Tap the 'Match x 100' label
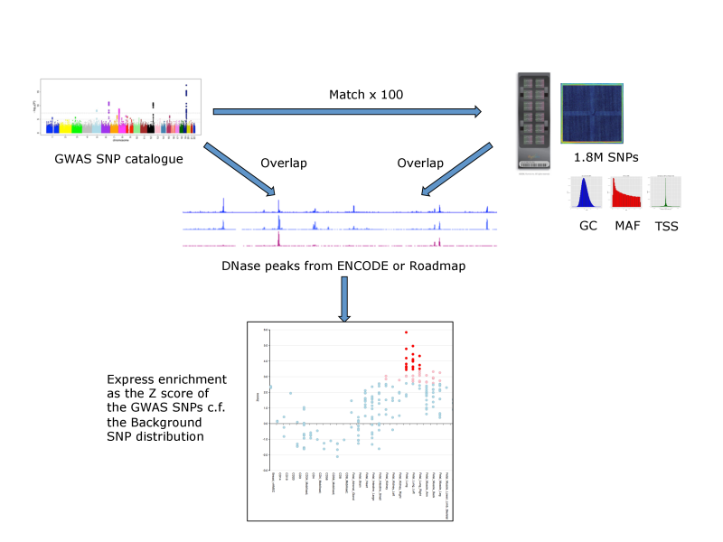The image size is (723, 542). pyautogui.click(x=366, y=94)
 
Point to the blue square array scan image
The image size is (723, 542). pyautogui.click(x=591, y=113)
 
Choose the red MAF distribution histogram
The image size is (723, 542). pyautogui.click(x=625, y=193)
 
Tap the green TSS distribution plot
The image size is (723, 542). pyautogui.click(x=668, y=193)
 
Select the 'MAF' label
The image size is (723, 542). pyautogui.click(x=625, y=226)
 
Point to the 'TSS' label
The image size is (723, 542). pyautogui.click(x=667, y=226)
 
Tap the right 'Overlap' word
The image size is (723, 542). pyautogui.click(x=420, y=164)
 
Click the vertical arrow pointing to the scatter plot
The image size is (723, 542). pyautogui.click(x=344, y=299)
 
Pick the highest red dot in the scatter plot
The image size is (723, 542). pyautogui.click(x=406, y=332)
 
